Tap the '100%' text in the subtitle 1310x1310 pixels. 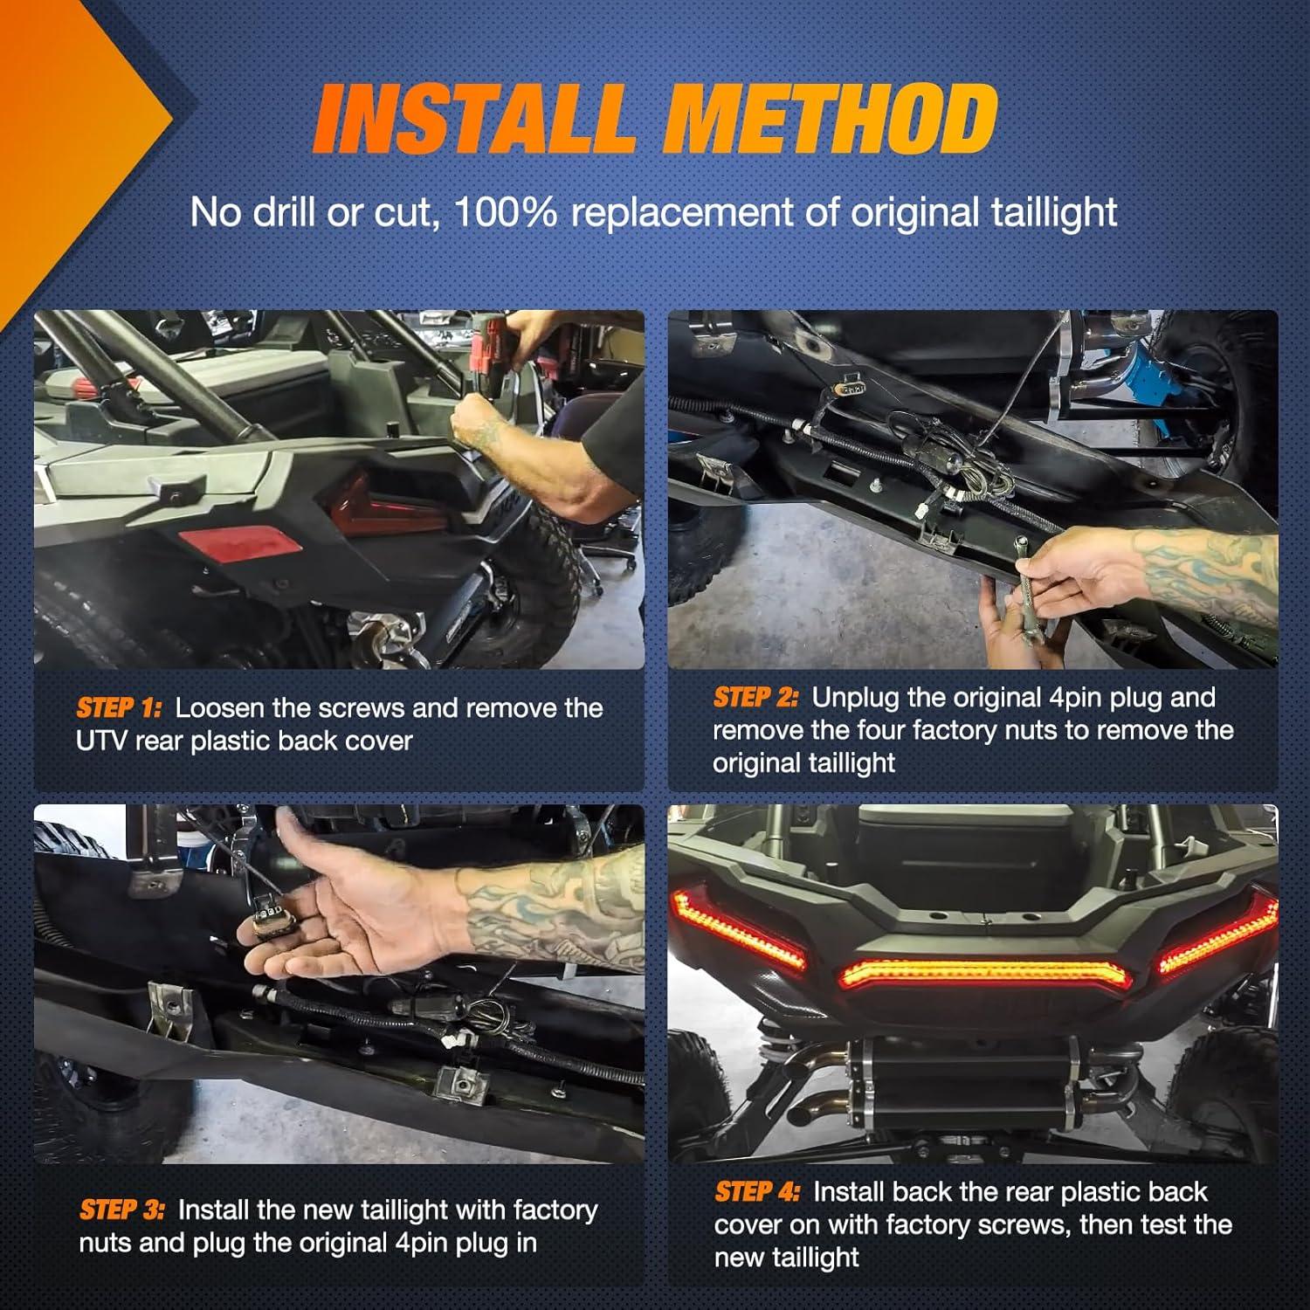[506, 212]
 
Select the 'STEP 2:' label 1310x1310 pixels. [755, 697]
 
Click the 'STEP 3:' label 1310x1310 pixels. [121, 1210]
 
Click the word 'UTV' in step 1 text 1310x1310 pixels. [102, 741]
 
